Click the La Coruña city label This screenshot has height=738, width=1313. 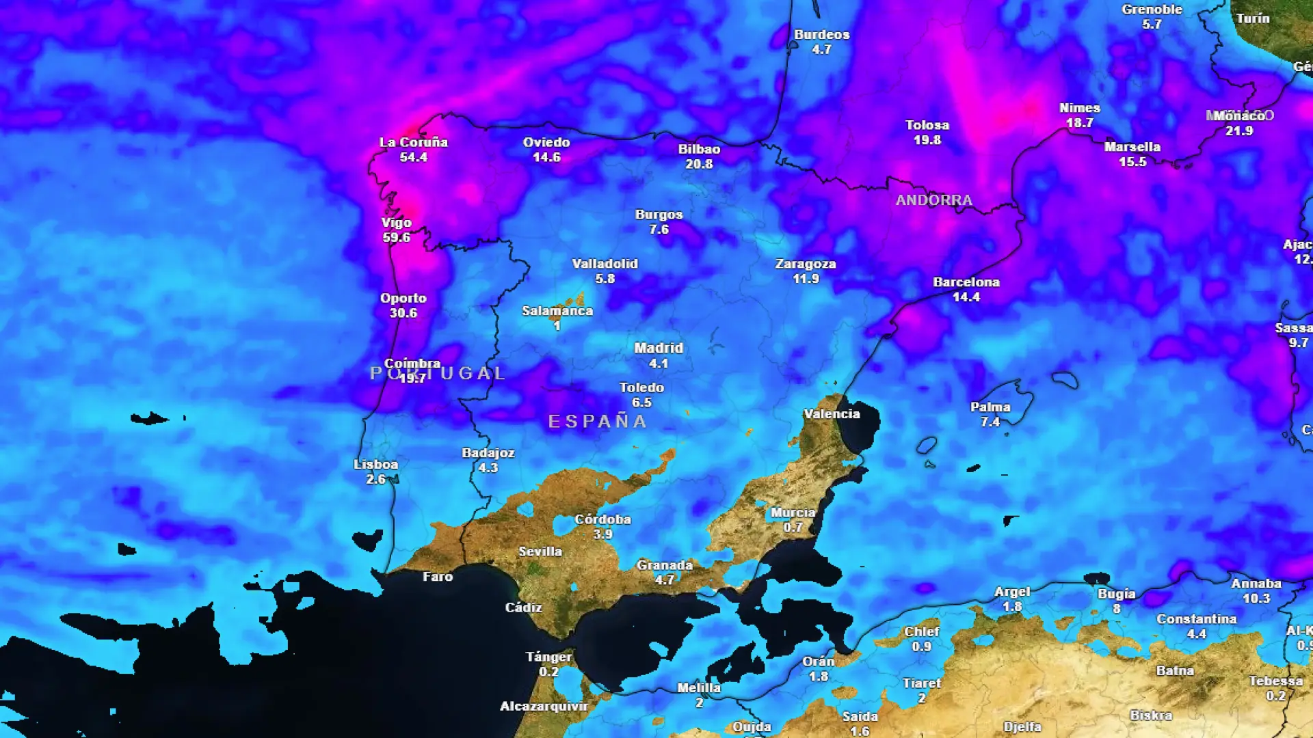point(413,142)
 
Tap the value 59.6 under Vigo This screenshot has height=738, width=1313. point(396,238)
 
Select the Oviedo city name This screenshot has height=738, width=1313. point(546,142)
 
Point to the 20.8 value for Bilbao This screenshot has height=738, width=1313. point(699,164)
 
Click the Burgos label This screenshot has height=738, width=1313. point(659,215)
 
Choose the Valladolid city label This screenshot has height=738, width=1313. point(605,264)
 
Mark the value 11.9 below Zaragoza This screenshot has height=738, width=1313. point(806,279)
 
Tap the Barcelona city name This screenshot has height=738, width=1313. point(966,282)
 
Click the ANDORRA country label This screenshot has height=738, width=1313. point(933,200)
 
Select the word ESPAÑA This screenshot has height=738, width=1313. point(598,422)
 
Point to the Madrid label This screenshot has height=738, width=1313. point(658,348)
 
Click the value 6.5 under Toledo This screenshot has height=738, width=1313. point(641,402)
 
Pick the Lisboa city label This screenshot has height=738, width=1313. point(375,465)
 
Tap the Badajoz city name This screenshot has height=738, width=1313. point(488,453)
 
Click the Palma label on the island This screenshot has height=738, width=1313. point(990,407)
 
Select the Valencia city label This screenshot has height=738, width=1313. point(832,414)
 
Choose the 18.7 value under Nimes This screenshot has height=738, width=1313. point(1079,123)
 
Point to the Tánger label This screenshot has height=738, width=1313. point(548,657)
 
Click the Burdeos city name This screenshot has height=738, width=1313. point(821,35)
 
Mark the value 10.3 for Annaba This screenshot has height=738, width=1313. point(1256,599)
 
